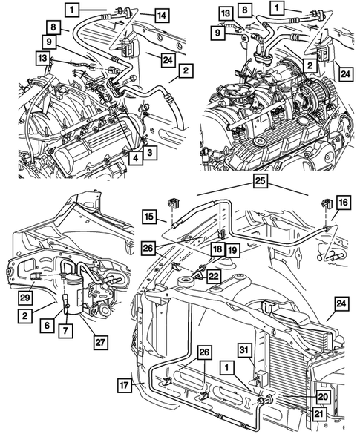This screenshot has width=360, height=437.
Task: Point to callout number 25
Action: [258, 182]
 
